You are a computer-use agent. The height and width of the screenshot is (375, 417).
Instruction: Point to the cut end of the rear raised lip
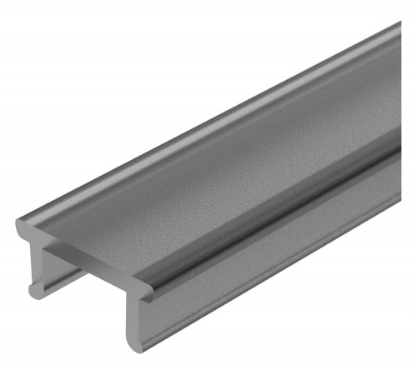click(24, 226)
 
